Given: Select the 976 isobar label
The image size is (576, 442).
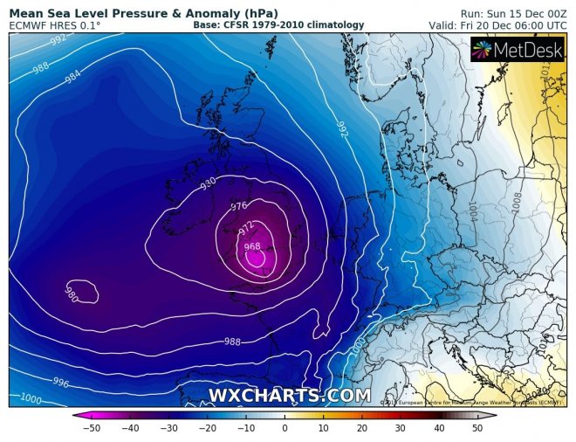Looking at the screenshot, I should coord(239,207).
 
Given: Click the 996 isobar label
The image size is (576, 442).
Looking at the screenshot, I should coord(61,383).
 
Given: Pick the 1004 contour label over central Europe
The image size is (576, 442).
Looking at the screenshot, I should coord(472,211).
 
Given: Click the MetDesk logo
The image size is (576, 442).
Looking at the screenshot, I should coord(518,50).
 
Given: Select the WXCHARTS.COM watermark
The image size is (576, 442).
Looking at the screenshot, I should coord(289,396).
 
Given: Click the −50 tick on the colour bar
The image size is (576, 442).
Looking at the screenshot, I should coord(92,429).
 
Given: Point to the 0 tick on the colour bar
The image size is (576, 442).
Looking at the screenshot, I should coord(285,429).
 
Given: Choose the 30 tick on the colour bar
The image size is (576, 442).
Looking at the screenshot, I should coord(401,429).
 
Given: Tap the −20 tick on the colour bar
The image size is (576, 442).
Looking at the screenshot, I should coord(207,429).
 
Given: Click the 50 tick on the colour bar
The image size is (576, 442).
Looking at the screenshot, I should coord(477,429).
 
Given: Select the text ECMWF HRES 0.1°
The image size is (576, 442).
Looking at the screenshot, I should coord(54,26).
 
